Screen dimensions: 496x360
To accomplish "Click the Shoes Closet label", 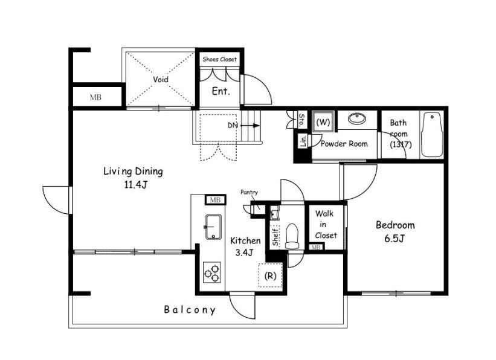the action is [x=219, y=59].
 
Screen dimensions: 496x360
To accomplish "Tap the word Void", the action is [x=161, y=79].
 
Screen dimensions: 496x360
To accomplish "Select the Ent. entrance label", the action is [x=221, y=91].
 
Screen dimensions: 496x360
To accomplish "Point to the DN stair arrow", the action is [x=250, y=126].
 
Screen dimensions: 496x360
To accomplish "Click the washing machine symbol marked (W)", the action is [x=323, y=122].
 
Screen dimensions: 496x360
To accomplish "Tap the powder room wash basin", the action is [x=357, y=118].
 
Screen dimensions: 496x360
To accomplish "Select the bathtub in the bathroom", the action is [x=432, y=134].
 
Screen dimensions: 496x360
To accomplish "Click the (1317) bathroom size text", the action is [x=401, y=144].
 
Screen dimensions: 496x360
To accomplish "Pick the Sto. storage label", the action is [x=302, y=120].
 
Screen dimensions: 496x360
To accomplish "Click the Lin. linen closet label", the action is [x=303, y=141].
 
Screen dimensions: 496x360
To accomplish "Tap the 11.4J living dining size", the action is [x=135, y=184].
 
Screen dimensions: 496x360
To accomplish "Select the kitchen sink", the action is [x=213, y=227].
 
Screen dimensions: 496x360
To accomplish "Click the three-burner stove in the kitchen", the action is [x=212, y=272].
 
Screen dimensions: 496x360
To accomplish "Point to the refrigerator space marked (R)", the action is [x=270, y=275].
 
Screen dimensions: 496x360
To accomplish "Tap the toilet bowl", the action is [x=292, y=236].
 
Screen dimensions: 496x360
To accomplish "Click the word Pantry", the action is [x=250, y=192].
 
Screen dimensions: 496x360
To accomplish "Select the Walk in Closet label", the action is [x=325, y=225].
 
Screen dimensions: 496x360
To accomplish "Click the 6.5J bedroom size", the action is [x=395, y=239].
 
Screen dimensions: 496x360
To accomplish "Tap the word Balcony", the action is [x=190, y=310].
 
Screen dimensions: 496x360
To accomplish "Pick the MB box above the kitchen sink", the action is [x=216, y=200].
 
